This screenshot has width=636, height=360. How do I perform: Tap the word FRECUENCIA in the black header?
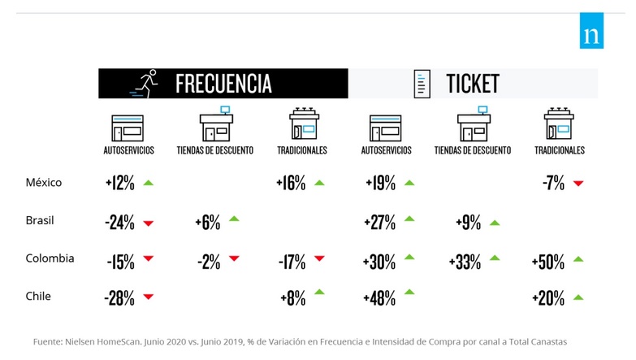(x=223, y=84)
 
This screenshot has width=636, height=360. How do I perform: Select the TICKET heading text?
(x=472, y=84)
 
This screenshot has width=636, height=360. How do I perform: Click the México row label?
(x=44, y=183)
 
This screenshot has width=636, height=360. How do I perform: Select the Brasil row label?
(x=41, y=221)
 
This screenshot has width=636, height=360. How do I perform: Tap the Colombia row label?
(x=50, y=258)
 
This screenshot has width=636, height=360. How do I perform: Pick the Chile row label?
(x=38, y=296)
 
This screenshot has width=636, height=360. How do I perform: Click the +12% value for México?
(x=119, y=184)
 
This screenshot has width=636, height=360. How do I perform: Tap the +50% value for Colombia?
(x=548, y=262)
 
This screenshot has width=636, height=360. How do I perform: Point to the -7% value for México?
(x=553, y=184)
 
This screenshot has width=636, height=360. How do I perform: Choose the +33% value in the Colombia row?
(x=465, y=262)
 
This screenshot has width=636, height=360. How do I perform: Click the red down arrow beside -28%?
(x=148, y=297)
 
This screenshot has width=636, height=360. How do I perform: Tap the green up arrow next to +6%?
(x=234, y=219)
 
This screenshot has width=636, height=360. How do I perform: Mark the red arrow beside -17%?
(x=318, y=259)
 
